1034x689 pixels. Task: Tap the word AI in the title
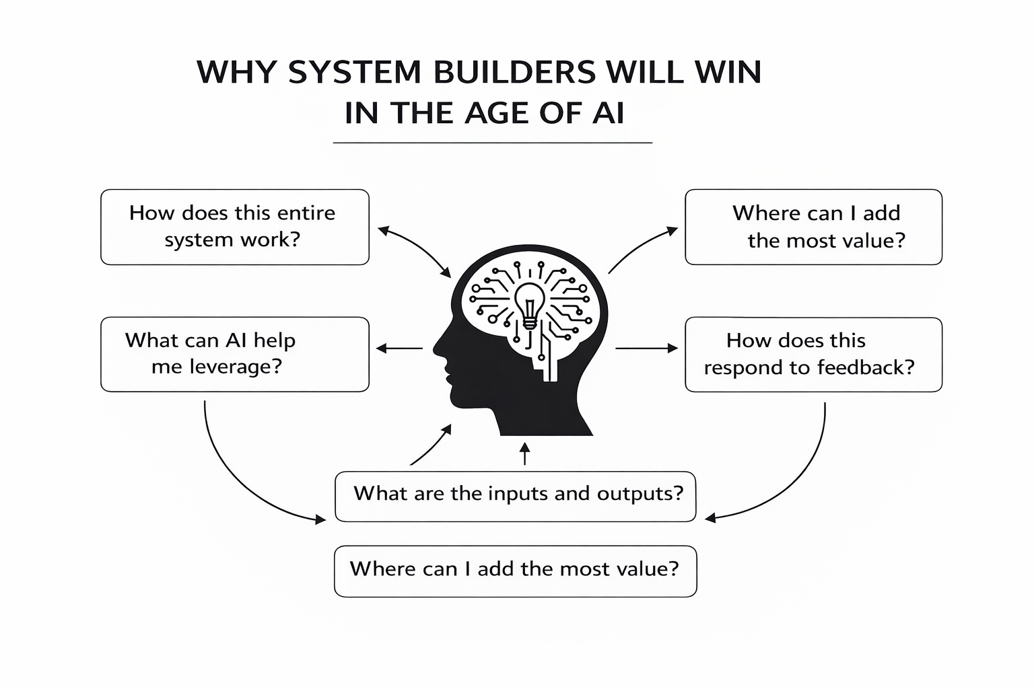[608, 113]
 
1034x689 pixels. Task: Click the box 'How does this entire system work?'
[234, 227]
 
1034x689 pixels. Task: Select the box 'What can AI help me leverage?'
[234, 354]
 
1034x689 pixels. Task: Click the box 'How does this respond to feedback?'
[813, 355]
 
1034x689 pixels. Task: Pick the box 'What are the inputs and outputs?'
[515, 497]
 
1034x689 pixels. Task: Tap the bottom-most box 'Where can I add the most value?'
[515, 571]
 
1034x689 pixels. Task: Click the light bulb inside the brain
[530, 303]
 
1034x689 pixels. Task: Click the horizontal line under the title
[492, 143]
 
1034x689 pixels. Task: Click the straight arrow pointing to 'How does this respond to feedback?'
[646, 349]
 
